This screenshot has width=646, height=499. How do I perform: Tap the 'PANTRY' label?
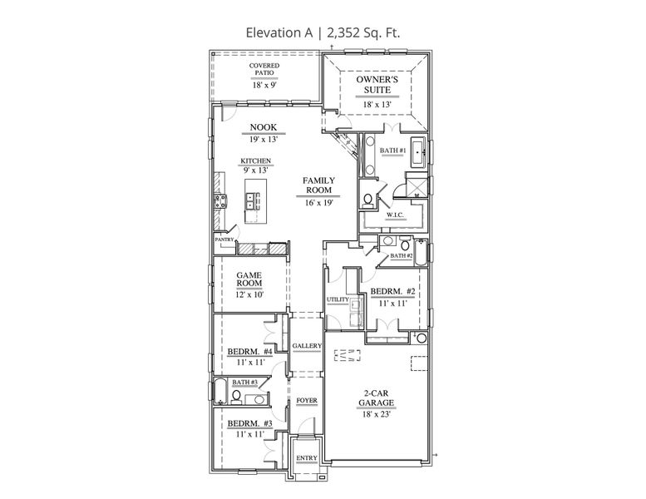(x=224, y=240)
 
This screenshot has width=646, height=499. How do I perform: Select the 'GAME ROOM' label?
(x=249, y=279)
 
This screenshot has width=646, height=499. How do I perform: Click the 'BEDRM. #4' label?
(x=247, y=351)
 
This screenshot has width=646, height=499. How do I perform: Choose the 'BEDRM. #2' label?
(x=392, y=291)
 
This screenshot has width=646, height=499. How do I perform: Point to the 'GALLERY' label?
(x=306, y=346)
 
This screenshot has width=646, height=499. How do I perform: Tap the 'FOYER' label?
(x=307, y=401)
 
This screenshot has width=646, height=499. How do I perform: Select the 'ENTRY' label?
(x=307, y=458)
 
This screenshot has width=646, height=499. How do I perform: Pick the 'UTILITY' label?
(x=337, y=299)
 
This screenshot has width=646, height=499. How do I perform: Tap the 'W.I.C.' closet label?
(x=395, y=215)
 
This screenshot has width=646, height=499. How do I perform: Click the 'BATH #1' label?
(x=392, y=151)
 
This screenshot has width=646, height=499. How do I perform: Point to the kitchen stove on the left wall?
(x=221, y=200)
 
